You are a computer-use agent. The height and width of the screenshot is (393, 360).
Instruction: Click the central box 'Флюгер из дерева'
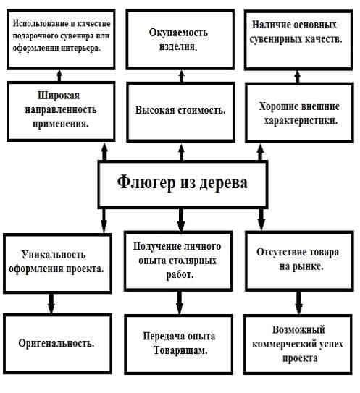183,185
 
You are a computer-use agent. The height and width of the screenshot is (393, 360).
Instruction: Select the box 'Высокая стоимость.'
180,111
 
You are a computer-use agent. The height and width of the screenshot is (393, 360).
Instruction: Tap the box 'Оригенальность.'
57,344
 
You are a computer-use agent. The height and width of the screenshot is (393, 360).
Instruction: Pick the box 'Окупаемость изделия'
180,40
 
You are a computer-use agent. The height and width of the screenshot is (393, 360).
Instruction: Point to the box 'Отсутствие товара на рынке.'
299,261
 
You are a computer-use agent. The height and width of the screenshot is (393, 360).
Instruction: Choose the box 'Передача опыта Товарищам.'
179,345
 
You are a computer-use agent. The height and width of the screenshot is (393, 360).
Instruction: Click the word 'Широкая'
59,96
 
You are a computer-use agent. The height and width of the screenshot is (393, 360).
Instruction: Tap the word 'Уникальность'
54,255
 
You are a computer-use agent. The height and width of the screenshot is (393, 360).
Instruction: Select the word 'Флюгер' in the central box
146,182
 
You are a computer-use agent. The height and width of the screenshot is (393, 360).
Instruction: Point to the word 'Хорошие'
277,106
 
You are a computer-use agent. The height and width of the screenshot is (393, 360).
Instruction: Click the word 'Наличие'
269,25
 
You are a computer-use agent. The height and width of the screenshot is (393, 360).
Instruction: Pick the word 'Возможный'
298,329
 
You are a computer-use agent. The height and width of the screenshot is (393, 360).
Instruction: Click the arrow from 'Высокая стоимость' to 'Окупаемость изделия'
182,76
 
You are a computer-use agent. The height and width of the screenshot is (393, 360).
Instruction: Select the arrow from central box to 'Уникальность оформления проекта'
104,221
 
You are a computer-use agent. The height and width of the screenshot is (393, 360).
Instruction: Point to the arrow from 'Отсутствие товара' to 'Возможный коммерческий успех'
298,303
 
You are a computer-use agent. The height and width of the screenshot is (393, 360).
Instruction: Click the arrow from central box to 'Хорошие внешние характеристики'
260,153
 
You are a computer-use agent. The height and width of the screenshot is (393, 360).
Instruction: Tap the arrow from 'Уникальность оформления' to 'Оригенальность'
51,303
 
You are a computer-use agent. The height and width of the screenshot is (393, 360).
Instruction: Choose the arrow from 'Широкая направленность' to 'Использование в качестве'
59,75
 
